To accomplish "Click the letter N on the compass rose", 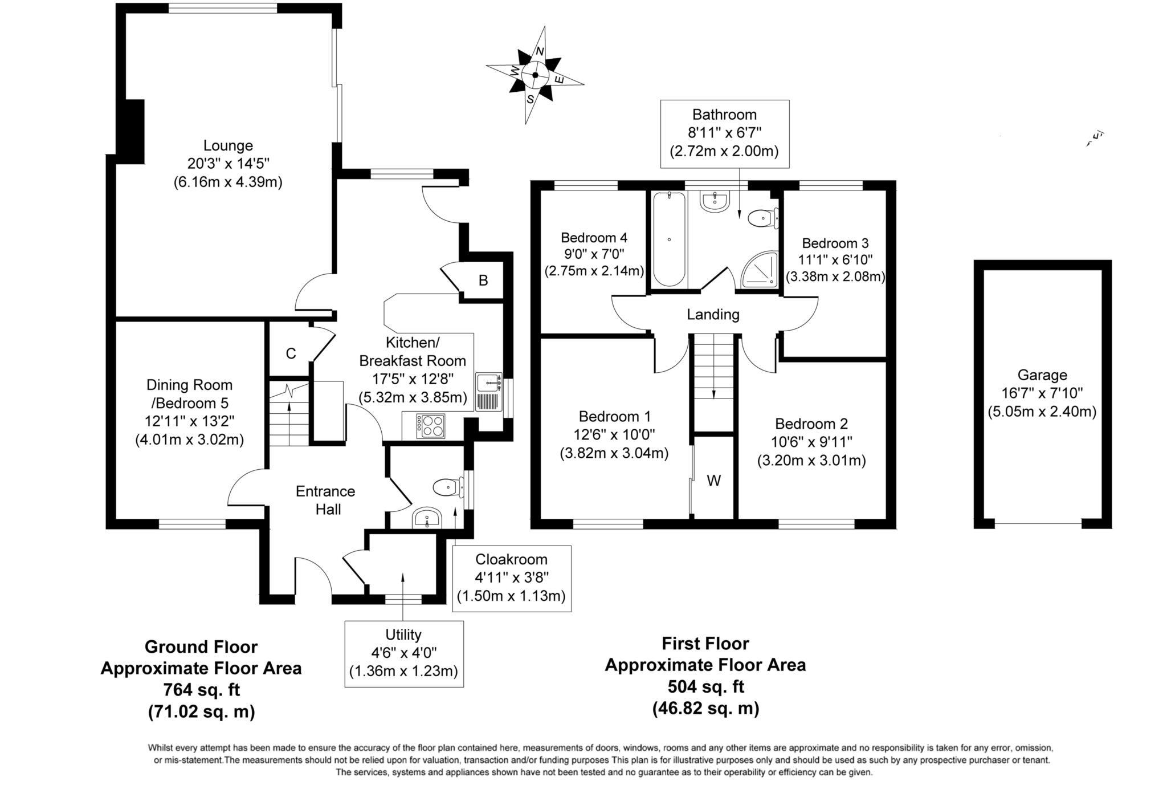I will click(x=540, y=52).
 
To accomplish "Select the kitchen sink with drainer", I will click(x=489, y=392).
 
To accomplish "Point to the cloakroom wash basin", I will click(x=427, y=518).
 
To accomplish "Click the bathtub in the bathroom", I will click(x=669, y=239).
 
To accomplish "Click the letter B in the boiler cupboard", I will click(x=483, y=280).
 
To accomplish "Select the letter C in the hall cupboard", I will click(x=291, y=354).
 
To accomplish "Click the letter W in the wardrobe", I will click(x=713, y=481).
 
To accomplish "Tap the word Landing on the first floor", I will click(x=713, y=314).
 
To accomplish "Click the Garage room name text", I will click(x=1042, y=375).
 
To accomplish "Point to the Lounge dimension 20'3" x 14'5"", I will click(x=228, y=164).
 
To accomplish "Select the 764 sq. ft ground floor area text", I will click(x=202, y=690).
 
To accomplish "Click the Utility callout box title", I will click(x=403, y=635).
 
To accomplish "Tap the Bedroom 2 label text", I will click(x=811, y=424).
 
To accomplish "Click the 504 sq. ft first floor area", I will click(x=705, y=686).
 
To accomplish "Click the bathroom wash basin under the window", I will click(x=715, y=202).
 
